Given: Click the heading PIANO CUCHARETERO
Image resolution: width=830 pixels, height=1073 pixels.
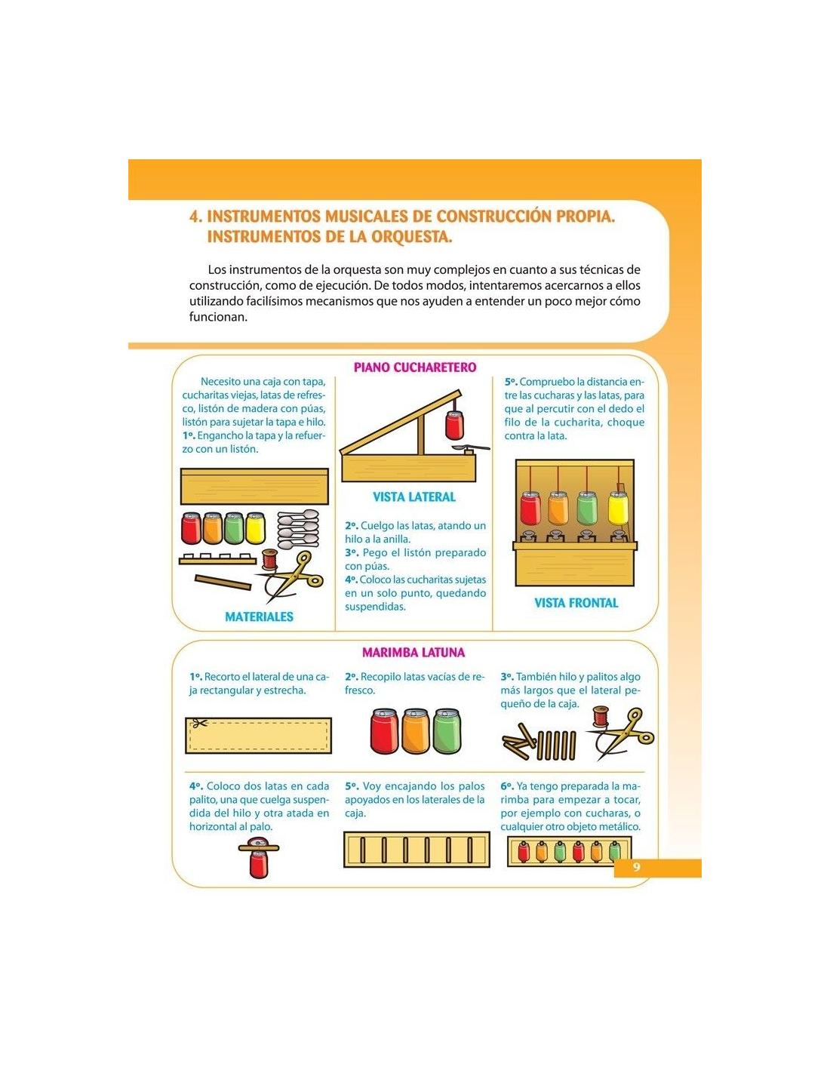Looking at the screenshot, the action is (x=415, y=367).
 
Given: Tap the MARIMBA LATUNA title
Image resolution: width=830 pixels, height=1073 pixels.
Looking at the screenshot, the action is (x=413, y=652).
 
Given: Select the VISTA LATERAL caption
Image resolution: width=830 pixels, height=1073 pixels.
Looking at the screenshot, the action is (x=414, y=497).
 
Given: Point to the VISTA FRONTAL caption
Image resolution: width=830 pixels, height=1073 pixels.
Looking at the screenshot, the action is (x=576, y=603).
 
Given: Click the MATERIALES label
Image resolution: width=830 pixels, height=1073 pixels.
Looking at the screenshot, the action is (x=260, y=616).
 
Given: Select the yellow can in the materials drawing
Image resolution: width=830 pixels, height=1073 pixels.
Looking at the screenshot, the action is (x=255, y=528).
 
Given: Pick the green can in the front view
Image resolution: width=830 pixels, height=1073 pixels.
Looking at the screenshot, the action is (x=587, y=508).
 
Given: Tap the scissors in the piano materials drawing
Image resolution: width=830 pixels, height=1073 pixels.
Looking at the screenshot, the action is (x=290, y=576).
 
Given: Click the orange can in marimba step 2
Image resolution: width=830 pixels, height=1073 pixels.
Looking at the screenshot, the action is (x=416, y=731).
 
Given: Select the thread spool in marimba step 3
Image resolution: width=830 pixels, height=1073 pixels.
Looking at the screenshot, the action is (x=599, y=717).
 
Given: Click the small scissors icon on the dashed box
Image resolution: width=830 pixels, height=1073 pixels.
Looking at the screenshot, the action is (x=198, y=724).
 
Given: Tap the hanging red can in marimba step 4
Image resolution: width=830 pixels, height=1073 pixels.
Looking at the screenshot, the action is (x=258, y=865).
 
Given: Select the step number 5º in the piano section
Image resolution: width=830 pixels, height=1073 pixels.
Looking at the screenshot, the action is (x=511, y=382).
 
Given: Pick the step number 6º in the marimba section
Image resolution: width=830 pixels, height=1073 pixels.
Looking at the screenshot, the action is (x=507, y=786).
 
